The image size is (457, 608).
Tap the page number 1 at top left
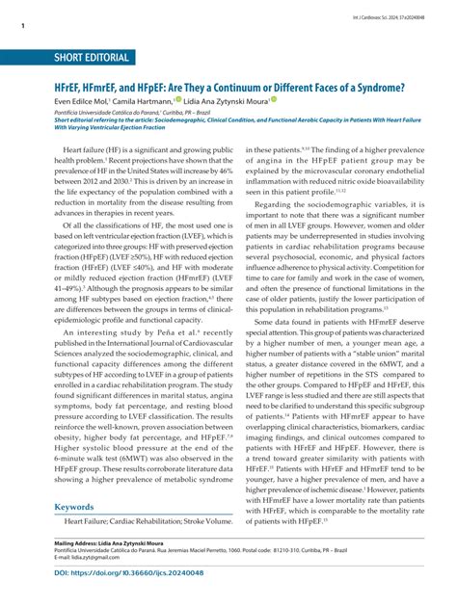pyautogui.click(x=20, y=27)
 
